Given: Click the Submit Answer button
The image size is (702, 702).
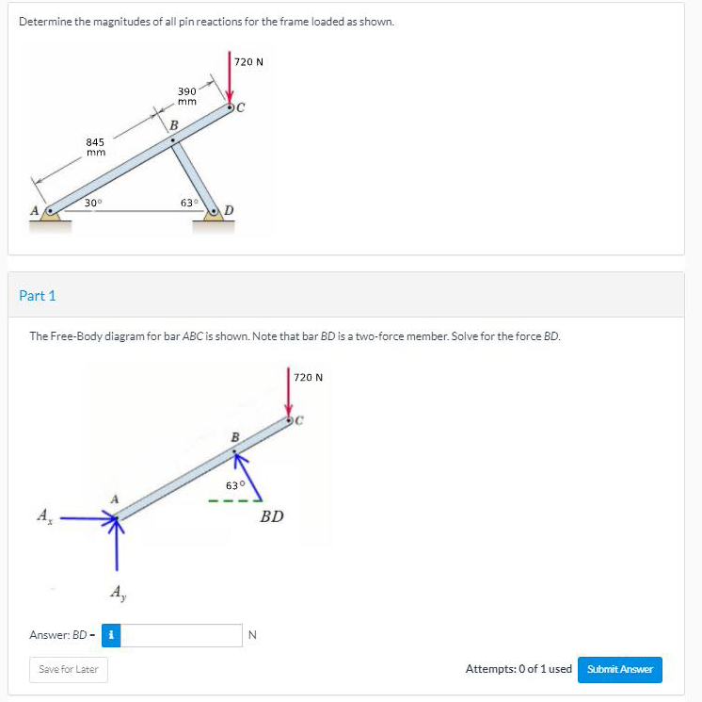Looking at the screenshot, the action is [x=619, y=669].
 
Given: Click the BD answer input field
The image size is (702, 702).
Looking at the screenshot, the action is [x=182, y=635].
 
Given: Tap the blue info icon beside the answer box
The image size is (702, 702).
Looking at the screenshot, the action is [x=111, y=635].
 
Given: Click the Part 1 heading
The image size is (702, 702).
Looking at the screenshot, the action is [x=37, y=296].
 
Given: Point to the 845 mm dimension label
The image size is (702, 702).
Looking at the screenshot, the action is [x=95, y=147].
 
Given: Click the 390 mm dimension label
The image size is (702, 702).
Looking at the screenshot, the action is [x=187, y=96].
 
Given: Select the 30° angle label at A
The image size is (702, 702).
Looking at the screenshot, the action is [x=93, y=203].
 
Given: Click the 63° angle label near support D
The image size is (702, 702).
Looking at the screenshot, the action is [x=189, y=203].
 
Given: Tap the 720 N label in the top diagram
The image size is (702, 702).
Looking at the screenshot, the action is [x=248, y=62].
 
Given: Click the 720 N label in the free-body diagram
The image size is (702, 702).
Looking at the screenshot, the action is [x=308, y=378].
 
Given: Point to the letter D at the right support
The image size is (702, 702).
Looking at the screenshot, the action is [x=229, y=210].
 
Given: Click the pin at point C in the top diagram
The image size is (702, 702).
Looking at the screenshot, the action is [x=230, y=107].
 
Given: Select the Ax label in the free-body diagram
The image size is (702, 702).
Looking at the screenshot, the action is [x=44, y=516].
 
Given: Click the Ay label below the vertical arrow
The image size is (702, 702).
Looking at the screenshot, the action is [x=119, y=593].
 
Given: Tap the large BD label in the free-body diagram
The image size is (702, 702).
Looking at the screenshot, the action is [x=272, y=516].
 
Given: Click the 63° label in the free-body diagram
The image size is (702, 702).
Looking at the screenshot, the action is [x=235, y=485].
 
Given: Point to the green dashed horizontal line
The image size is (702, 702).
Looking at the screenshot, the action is [x=235, y=500].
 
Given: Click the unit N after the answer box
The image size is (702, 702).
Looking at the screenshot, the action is [x=252, y=635].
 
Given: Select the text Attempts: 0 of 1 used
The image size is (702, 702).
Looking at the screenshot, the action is [x=519, y=669].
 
